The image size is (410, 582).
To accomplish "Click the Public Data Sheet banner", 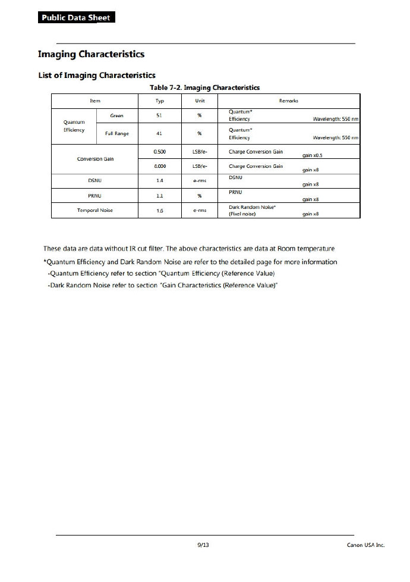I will pos(75,18).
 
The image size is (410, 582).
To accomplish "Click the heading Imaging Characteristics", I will pos(91,54).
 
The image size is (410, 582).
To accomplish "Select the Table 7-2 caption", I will pos(205,87).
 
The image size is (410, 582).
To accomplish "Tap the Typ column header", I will pos(159,101).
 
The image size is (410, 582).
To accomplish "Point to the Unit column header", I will pos(200,101).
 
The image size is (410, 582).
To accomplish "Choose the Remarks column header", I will pos(288,101).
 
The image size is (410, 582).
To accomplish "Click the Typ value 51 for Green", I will pos(159,115).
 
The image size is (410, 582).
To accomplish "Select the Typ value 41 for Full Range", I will pos(159,133).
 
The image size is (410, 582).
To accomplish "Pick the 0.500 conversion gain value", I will pos(159,152).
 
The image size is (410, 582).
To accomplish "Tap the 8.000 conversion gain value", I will pos(159,167).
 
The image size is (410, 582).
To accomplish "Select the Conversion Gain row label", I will pos(95,159).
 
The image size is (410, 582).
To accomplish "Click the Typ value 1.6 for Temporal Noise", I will pos(159,211).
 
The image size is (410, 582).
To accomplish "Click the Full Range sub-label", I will pos(117,133).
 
